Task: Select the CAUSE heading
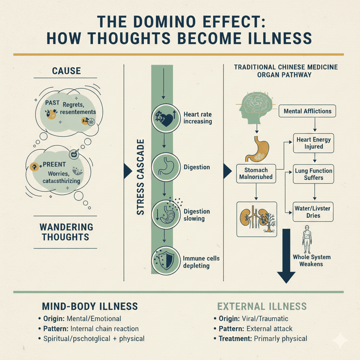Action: pyautogui.click(x=66, y=71)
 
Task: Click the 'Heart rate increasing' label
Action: pyautogui.click(x=198, y=118)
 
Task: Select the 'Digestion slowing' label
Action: pyautogui.click(x=197, y=215)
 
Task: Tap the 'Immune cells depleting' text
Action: pyautogui.click(x=201, y=262)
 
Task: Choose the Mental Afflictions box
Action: pyautogui.click(x=307, y=111)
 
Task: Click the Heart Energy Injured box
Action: pyautogui.click(x=313, y=143)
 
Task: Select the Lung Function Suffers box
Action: pyautogui.click(x=313, y=174)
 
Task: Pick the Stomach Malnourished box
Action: pyautogui.click(x=256, y=173)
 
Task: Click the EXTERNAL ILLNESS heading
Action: pyautogui.click(x=262, y=306)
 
